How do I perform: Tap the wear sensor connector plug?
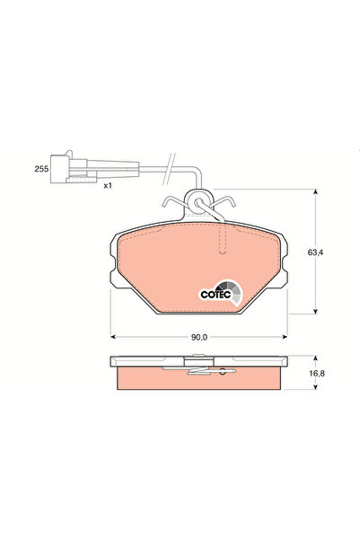click(71, 168)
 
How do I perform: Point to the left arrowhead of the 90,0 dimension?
click(112, 337)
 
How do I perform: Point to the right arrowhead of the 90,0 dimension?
click(286, 337)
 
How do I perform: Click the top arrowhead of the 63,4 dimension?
click(315, 192)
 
